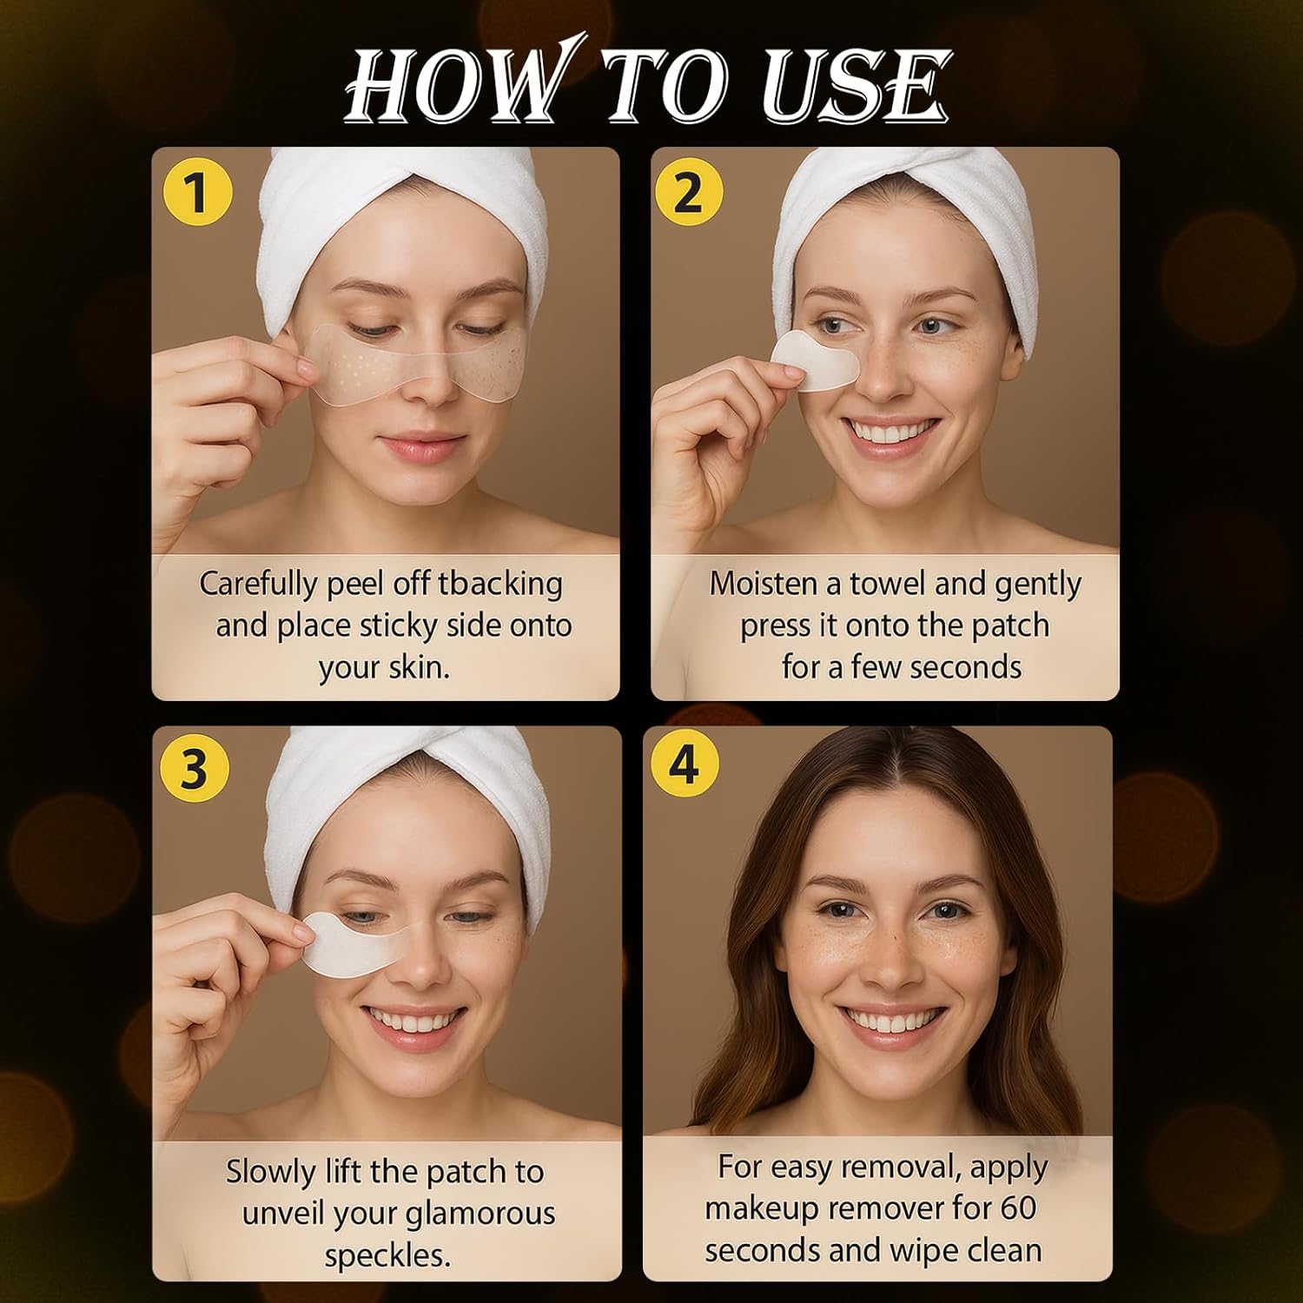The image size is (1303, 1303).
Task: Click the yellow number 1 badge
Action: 198,192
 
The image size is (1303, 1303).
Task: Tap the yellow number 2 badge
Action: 688,192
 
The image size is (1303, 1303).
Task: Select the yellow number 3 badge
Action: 195,768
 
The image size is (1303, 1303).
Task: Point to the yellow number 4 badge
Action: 685,764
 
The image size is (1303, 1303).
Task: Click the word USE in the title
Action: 855,85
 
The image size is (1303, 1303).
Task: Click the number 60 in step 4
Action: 1018,1208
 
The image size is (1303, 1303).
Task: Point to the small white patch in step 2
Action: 814,360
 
